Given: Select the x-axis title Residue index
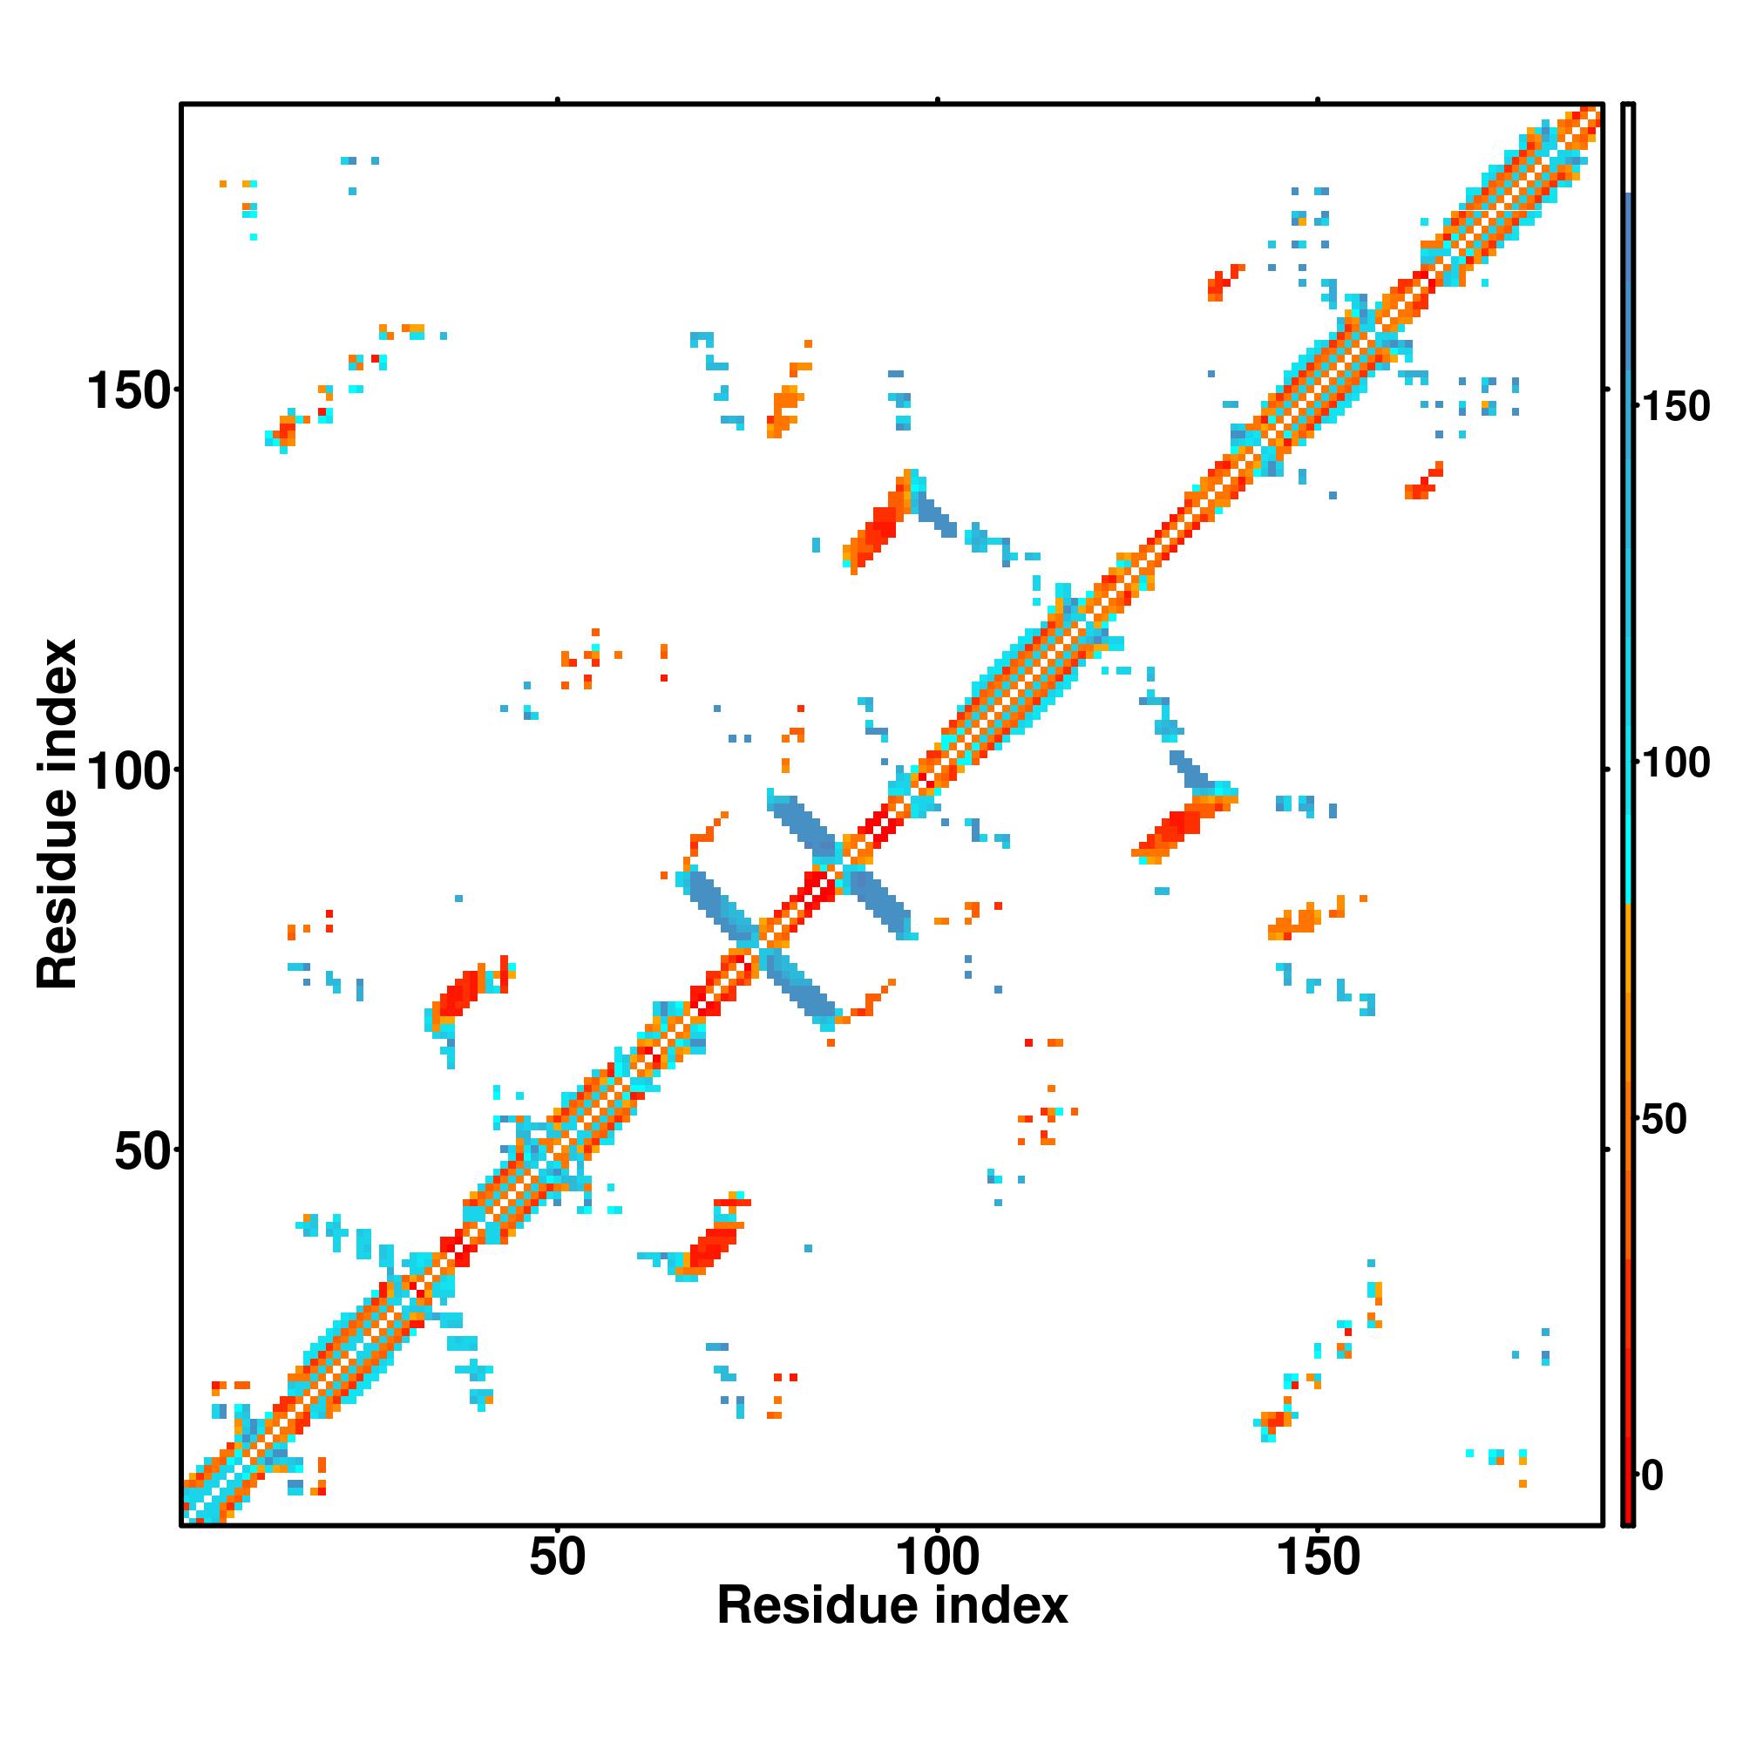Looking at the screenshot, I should (x=892, y=1607).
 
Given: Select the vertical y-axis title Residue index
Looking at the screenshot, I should (x=58, y=814).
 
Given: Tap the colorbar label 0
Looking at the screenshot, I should (x=1652, y=1477).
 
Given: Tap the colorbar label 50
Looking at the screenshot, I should (x=1663, y=1120).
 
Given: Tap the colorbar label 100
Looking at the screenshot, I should (x=1675, y=764).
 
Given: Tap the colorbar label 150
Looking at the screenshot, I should (x=1675, y=408).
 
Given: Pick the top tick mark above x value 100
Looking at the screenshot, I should (x=939, y=99).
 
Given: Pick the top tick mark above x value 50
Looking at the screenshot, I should (x=558, y=99).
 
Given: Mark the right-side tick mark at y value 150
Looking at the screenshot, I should (x=1607, y=389).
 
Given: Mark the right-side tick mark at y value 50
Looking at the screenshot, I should (x=1607, y=1150).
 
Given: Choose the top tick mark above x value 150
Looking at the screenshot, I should (x=1318, y=99).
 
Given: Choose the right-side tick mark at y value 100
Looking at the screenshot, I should (x=1607, y=769).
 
